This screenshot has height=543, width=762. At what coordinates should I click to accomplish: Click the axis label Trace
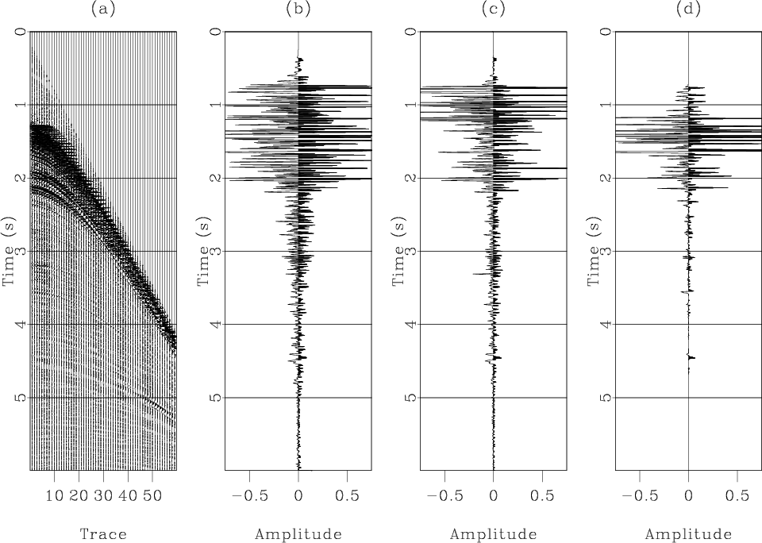click(x=104, y=534)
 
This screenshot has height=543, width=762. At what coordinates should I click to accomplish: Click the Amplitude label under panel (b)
click(x=298, y=534)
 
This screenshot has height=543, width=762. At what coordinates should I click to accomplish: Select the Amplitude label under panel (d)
click(x=688, y=534)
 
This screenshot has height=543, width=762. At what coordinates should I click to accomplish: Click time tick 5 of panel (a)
click(x=21, y=397)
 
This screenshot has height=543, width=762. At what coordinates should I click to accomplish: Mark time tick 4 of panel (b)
click(x=216, y=324)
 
